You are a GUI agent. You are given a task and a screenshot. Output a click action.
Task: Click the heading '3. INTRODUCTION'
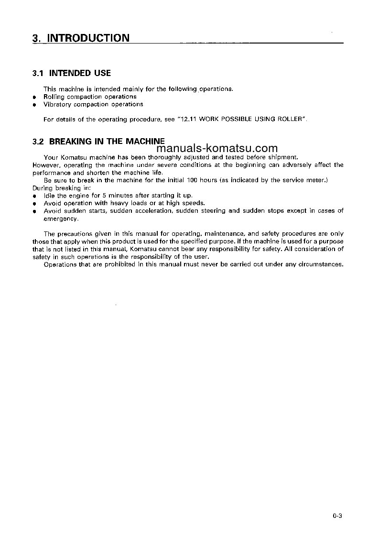[81, 38]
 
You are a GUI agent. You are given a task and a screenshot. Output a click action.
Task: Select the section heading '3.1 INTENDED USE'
[72, 73]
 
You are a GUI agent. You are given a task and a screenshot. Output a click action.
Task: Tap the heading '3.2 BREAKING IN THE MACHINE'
[98, 142]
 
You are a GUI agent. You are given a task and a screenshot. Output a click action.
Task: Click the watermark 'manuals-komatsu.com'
[217, 148]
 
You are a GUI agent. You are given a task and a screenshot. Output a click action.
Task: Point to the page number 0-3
[338, 515]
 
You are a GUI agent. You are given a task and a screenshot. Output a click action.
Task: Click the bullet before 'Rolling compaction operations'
[34, 97]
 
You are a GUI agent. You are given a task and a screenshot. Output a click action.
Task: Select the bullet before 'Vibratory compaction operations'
[34, 105]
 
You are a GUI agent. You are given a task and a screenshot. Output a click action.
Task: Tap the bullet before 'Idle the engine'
[34, 196]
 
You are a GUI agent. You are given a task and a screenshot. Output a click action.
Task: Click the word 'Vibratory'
[57, 104]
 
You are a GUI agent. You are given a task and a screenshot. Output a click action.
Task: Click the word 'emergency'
[60, 219]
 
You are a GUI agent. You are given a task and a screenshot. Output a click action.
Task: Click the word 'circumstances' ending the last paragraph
[320, 264]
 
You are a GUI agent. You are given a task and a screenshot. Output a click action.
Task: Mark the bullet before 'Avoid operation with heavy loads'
[34, 204]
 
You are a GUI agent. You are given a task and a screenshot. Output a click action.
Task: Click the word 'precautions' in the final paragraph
[76, 234]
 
